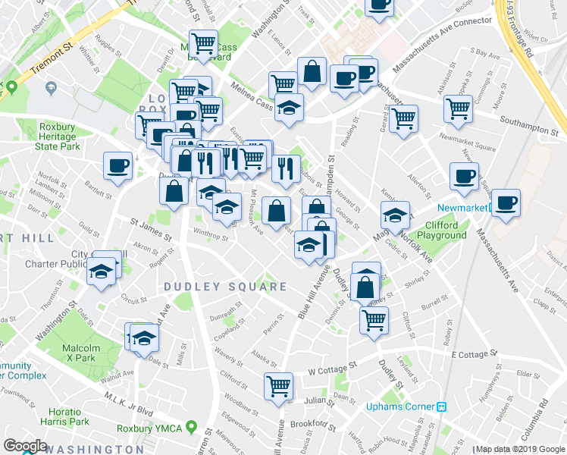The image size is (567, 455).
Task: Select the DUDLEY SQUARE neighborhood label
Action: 226,287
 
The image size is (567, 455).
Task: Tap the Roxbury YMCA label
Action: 149,428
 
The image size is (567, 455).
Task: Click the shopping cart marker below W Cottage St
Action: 279,385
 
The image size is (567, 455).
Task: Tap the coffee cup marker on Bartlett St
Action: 119,165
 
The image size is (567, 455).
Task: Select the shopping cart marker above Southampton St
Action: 459,108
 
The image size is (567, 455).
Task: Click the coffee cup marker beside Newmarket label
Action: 506,202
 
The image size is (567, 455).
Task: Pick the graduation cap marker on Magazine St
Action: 395,215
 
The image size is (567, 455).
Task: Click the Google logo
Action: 25,446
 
